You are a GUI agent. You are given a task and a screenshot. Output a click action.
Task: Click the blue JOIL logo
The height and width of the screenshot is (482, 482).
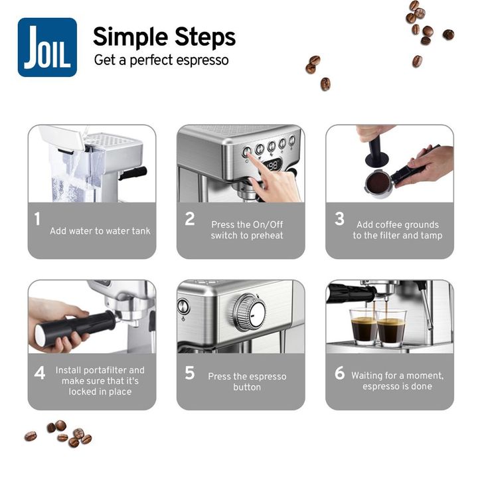(47, 47)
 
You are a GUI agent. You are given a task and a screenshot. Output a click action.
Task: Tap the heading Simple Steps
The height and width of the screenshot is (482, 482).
(165, 37)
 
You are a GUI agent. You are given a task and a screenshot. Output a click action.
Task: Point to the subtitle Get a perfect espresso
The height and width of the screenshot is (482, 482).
(161, 60)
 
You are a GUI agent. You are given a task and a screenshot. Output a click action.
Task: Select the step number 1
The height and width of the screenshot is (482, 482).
(37, 219)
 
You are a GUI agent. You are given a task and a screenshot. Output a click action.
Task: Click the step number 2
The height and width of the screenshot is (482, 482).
(190, 219)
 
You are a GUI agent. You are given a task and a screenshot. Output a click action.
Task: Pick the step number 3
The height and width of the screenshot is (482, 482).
(339, 219)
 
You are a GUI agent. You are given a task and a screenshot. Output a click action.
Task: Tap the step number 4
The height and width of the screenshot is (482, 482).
(40, 373)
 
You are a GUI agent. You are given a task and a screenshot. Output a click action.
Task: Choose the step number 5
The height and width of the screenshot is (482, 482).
(190, 372)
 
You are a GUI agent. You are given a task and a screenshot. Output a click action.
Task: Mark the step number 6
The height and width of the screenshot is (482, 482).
(340, 372)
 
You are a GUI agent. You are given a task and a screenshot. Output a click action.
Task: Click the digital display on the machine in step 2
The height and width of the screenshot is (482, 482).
(272, 166)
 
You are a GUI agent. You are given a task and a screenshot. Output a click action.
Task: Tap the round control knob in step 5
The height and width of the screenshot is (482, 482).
(250, 312)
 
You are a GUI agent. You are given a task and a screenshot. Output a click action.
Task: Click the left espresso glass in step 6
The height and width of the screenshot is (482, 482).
(363, 326)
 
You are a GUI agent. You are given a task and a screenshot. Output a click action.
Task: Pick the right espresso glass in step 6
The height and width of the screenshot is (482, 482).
(391, 328)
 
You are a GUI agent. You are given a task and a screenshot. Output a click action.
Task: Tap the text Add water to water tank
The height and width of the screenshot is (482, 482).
(100, 231)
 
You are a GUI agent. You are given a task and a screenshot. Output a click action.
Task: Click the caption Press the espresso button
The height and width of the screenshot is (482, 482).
(247, 382)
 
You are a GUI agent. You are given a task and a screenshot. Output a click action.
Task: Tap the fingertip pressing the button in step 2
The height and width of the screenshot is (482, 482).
(250, 155)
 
